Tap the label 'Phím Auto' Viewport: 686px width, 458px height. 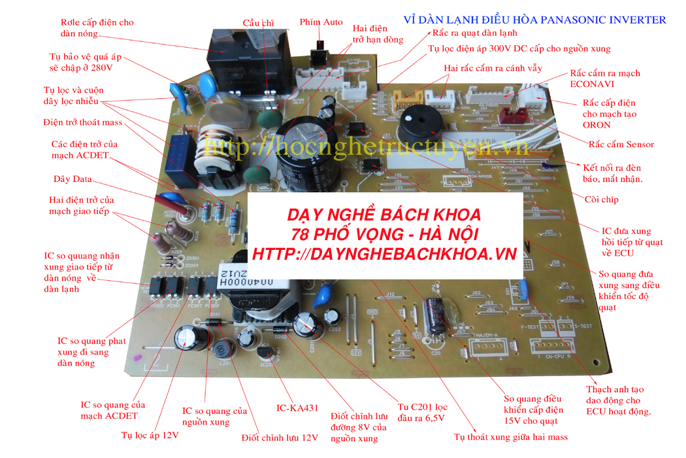point(321,22)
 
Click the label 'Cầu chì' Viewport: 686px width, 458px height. point(258,22)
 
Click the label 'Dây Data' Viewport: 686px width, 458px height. point(73,179)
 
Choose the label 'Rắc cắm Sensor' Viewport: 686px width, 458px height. point(621,145)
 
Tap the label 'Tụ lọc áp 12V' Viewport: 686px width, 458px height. point(149,434)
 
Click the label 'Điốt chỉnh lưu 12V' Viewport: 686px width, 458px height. point(279,437)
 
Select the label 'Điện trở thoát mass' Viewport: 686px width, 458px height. point(83,122)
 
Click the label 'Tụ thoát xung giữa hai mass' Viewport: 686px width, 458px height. point(511,437)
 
